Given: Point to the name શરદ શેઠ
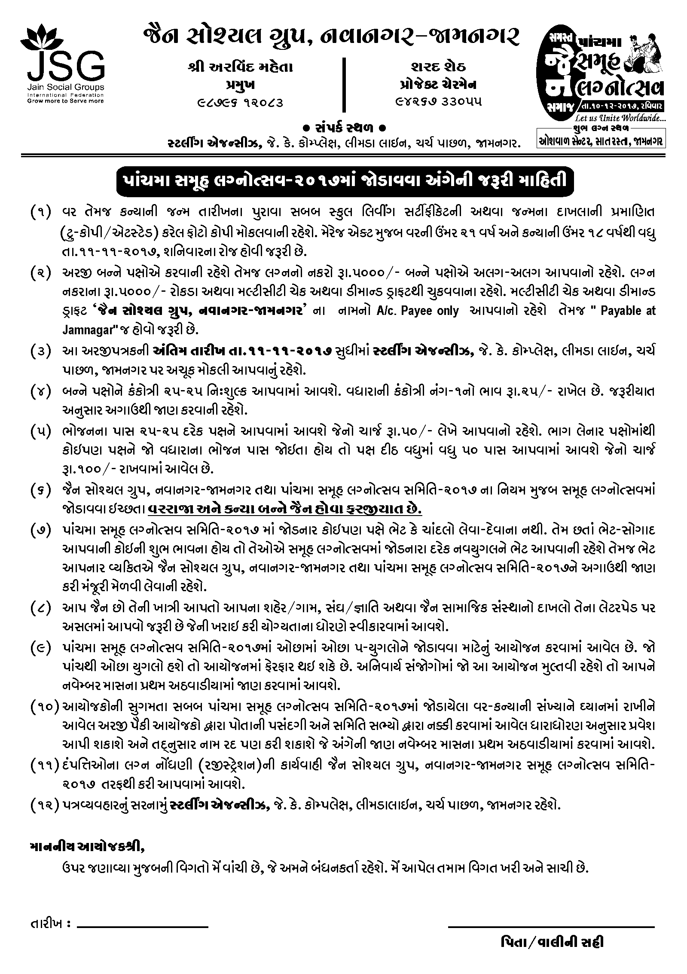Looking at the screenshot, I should pyautogui.click(x=438, y=67).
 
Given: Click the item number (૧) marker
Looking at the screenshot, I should pyautogui.click(x=41, y=212).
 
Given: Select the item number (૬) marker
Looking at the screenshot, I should pyautogui.click(x=41, y=490).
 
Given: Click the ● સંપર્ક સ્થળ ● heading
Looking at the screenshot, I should pyautogui.click(x=344, y=128).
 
